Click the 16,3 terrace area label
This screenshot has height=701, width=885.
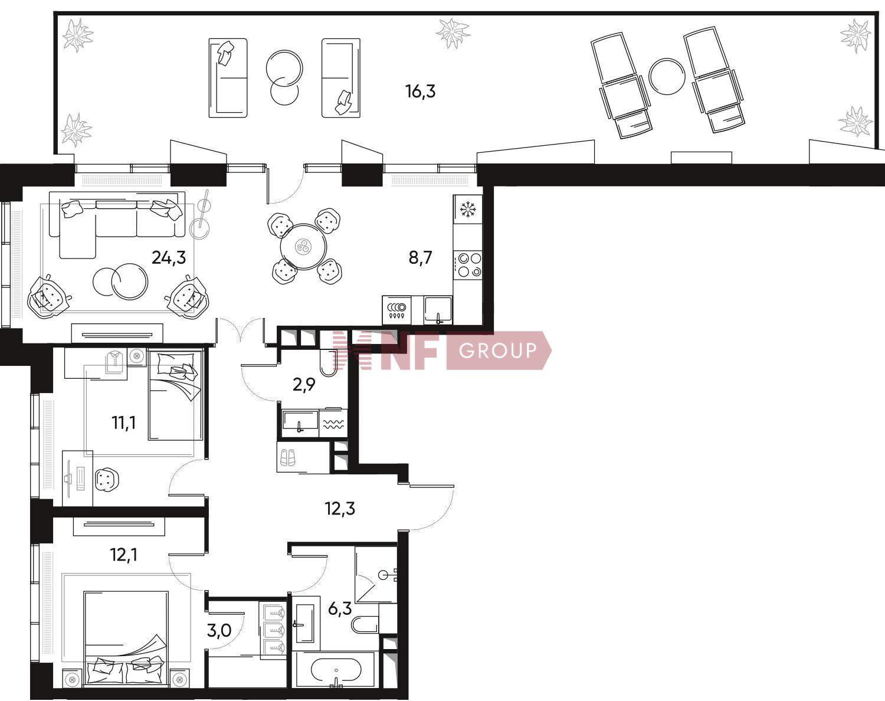(420, 91)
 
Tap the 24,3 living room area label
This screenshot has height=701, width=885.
(169, 258)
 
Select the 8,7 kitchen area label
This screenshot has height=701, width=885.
(420, 258)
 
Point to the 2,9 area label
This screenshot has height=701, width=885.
(304, 385)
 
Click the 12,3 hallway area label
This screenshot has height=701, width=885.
(340, 509)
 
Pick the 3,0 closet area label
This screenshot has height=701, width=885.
(219, 630)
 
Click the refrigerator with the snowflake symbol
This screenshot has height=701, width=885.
(468, 209)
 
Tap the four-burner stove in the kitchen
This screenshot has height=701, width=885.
(468, 265)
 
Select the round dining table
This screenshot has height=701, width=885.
(303, 247)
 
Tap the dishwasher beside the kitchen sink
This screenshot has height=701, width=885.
(397, 310)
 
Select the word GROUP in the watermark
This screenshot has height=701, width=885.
(497, 350)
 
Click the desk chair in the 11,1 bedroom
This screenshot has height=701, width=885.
(107, 479)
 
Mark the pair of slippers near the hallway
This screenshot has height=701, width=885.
(287, 457)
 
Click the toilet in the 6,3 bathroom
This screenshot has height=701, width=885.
(365, 625)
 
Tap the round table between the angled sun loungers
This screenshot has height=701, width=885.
(667, 77)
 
